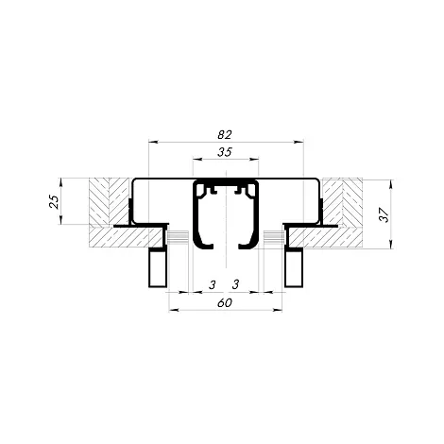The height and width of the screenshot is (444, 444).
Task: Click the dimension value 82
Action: (225, 134)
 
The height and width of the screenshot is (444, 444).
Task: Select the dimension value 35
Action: (225, 152)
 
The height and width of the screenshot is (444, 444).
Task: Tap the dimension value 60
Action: (225, 303)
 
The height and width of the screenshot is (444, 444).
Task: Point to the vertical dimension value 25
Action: (54, 201)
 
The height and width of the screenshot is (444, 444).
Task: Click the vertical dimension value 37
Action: (384, 214)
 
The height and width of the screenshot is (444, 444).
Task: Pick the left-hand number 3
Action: (213, 284)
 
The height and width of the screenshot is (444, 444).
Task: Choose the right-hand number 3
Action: (235, 284)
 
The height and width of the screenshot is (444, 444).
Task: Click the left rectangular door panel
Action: (157, 267)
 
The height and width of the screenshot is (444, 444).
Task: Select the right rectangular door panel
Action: (294, 267)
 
